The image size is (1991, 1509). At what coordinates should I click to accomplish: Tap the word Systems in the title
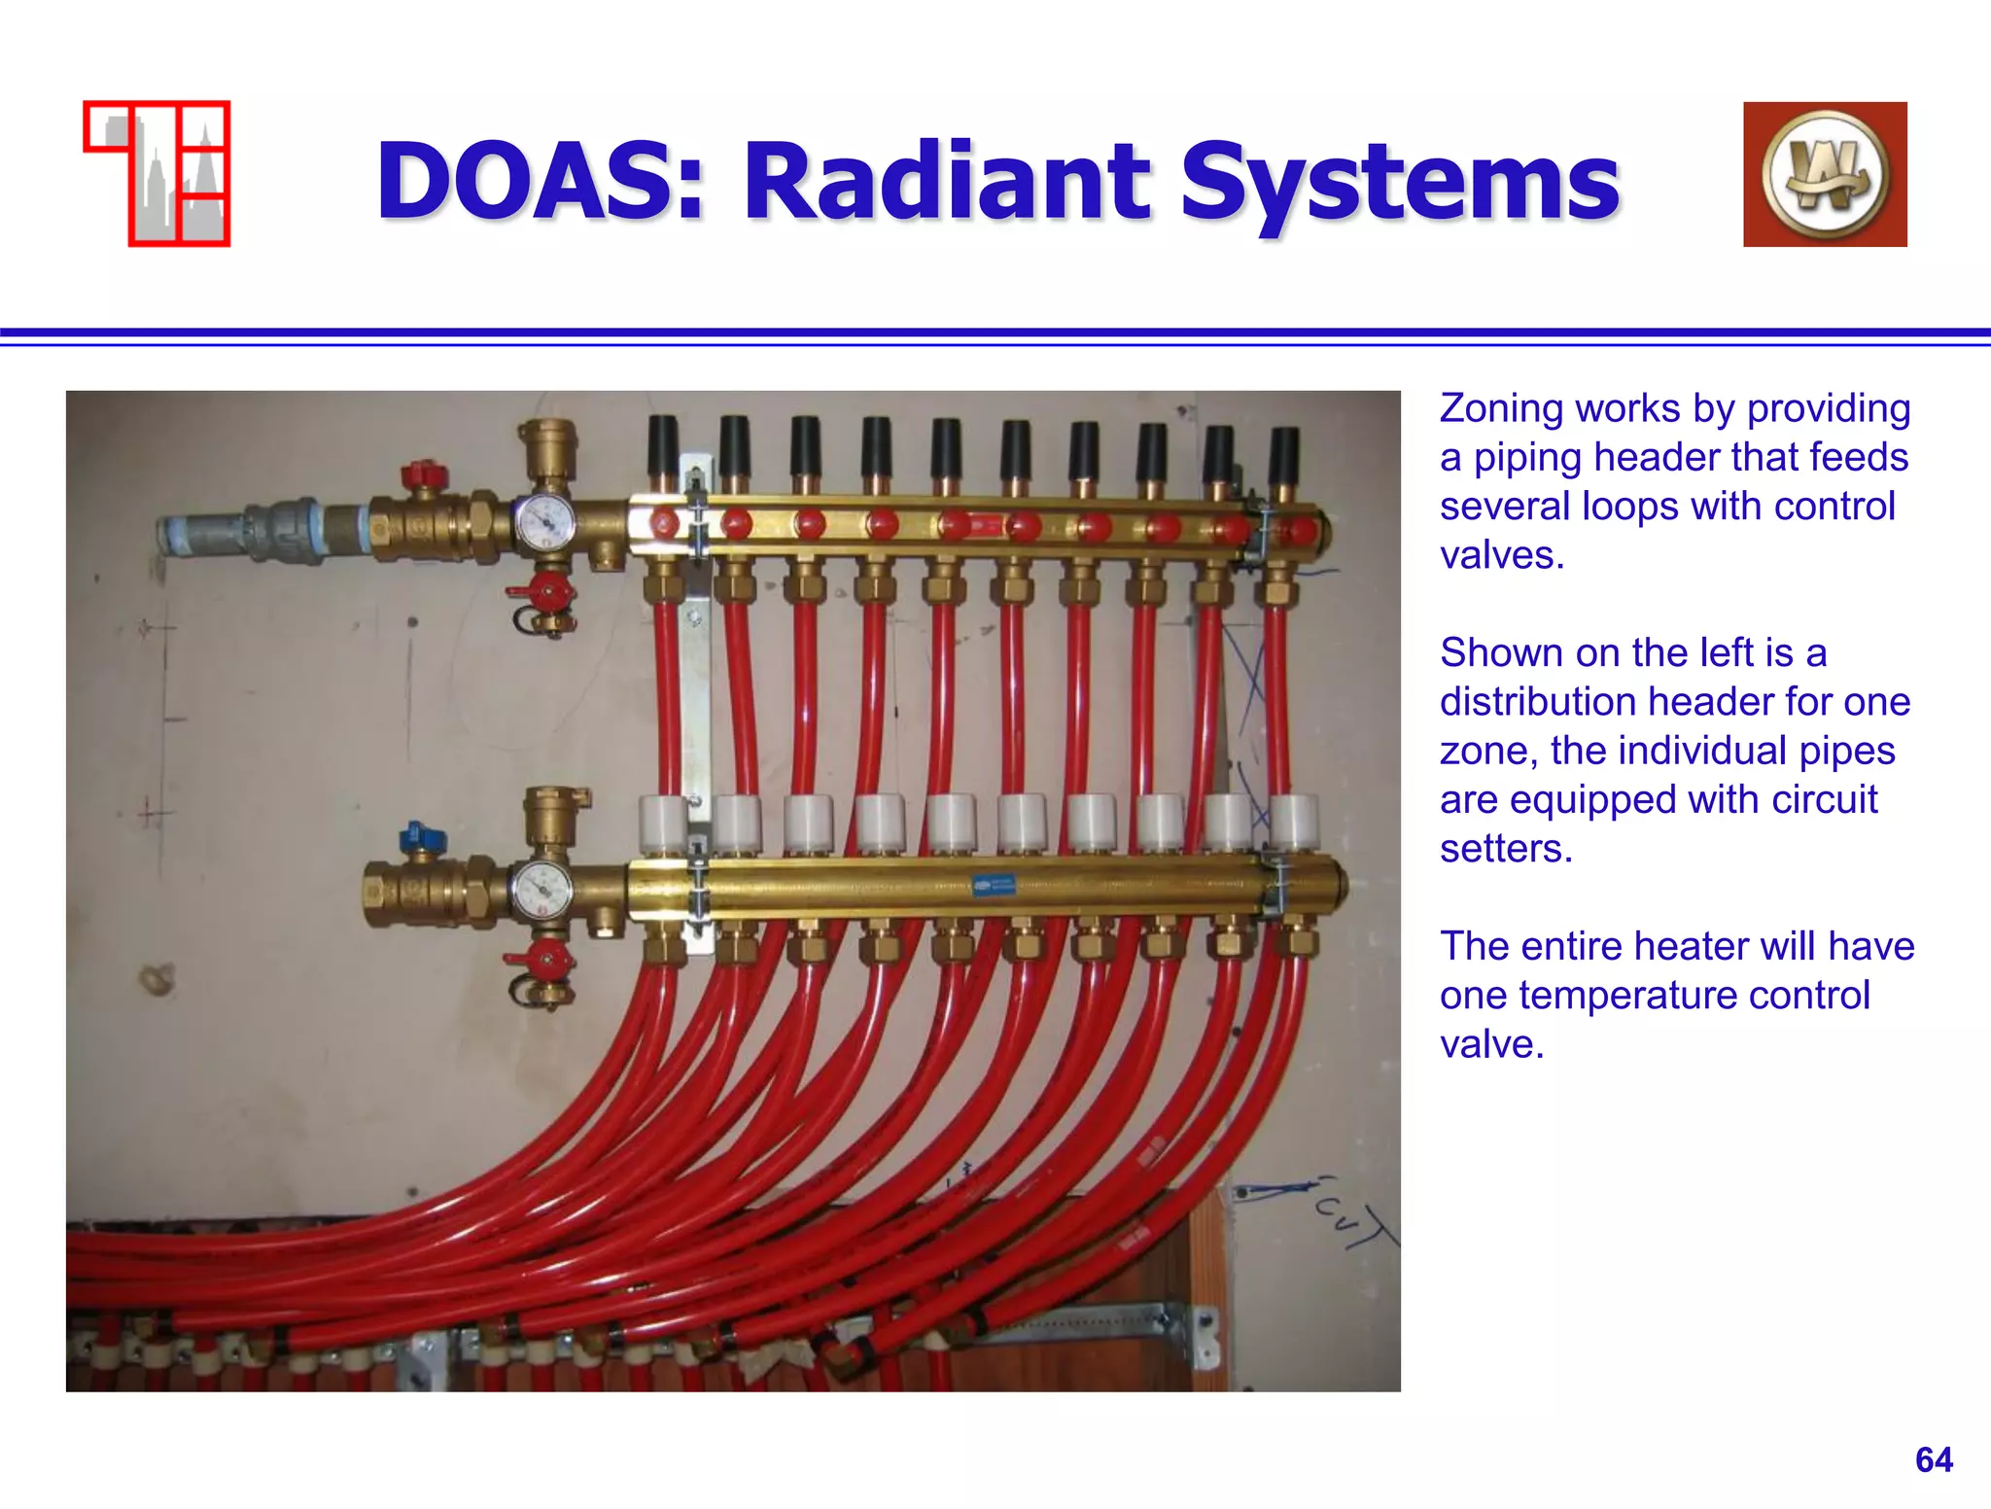[x=1400, y=182]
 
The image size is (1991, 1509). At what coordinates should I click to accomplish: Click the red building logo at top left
[x=157, y=173]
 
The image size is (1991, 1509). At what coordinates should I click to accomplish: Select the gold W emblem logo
[x=1825, y=174]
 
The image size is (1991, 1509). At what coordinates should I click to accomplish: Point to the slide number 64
[x=1934, y=1459]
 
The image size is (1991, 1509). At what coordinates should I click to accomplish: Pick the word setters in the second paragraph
[x=1505, y=849]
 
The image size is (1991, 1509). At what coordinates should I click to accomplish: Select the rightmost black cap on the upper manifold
[x=1283, y=452]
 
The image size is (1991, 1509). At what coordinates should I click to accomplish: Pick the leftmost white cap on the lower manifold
[x=665, y=823]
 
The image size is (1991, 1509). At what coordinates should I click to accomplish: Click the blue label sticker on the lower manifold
[x=993, y=886]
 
